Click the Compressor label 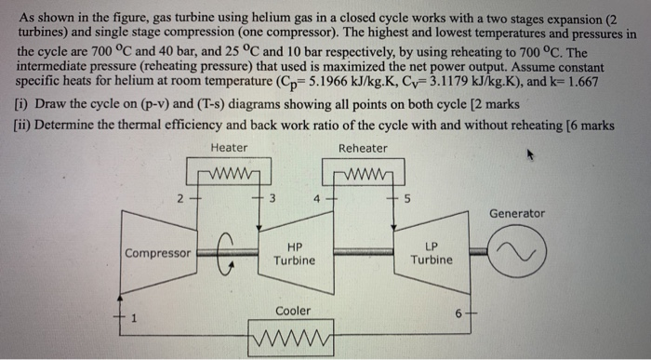point(158,253)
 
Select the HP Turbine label point(295,253)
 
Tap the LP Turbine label point(432,253)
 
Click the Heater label point(229,148)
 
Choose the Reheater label point(363,148)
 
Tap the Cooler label point(293,311)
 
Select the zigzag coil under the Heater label point(229,174)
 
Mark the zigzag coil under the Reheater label point(363,174)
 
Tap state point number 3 point(271,196)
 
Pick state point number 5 point(406,196)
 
